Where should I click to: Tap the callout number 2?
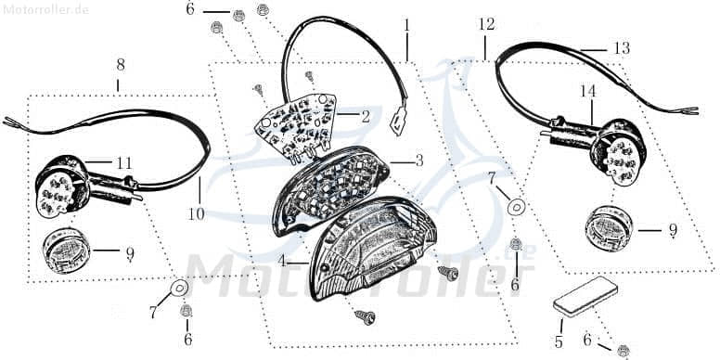[366, 116]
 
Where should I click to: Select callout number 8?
[120, 65]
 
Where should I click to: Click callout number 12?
[486, 23]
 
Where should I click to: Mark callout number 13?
[621, 47]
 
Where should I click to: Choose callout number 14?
[587, 91]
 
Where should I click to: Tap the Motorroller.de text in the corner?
[45, 9]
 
